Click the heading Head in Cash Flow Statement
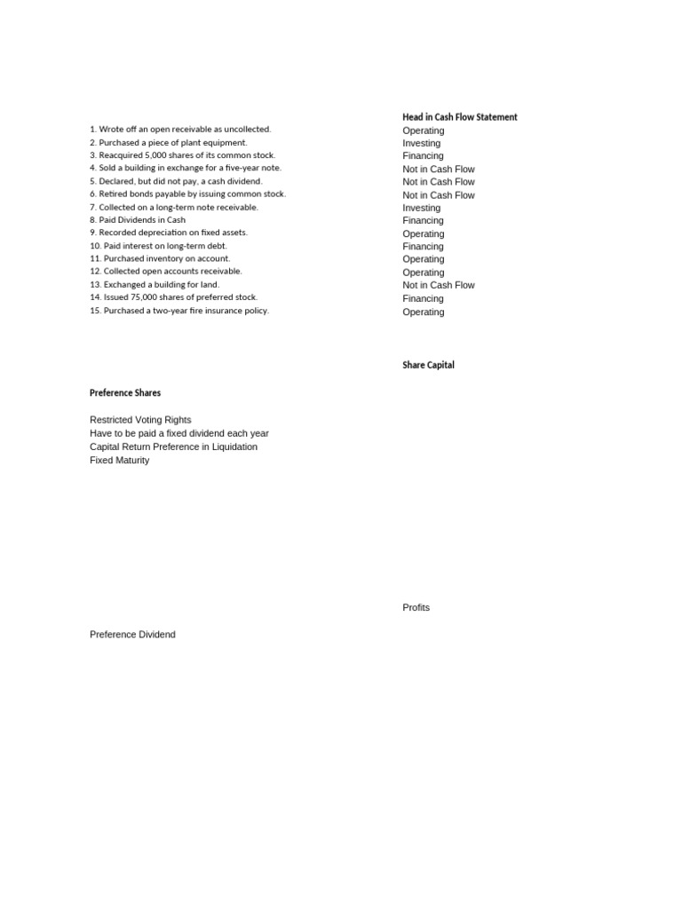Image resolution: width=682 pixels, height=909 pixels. [459, 117]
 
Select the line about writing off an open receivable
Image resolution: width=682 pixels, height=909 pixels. [180, 130]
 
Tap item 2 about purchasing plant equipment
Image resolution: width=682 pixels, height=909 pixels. [169, 142]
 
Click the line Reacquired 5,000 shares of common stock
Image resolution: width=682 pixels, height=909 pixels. [182, 155]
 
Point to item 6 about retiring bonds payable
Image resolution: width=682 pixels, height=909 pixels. [187, 194]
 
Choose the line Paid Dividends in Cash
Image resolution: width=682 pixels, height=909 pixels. [138, 220]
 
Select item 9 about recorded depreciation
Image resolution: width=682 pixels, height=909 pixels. [169, 233]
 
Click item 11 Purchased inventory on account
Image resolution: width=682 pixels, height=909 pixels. [160, 258]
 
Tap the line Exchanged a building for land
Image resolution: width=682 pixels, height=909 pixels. [154, 285]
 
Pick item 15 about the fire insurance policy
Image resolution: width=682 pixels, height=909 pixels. [178, 311]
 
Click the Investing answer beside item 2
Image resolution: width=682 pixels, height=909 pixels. [421, 143]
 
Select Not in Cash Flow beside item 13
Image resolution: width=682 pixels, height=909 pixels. [438, 285]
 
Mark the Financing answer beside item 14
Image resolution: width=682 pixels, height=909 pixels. [423, 298]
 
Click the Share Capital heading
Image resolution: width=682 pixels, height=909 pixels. [428, 365]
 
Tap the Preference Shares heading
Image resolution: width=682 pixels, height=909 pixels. [125, 392]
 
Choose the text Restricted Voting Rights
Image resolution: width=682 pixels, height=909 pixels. [140, 420]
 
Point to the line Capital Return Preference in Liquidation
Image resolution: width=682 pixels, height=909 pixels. [173, 447]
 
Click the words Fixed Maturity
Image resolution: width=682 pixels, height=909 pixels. [119, 460]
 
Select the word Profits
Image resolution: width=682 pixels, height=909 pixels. [416, 607]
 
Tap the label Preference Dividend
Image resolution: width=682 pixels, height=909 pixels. [132, 635]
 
